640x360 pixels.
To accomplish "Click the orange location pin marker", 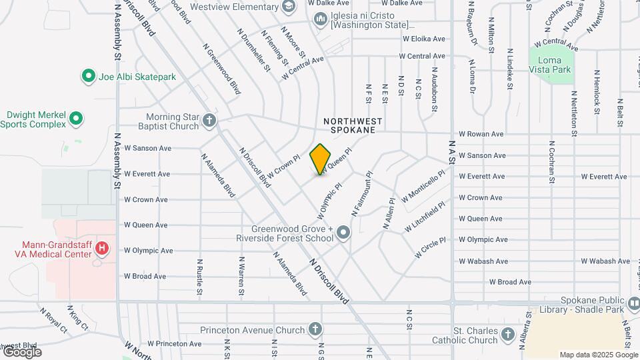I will point(321,159).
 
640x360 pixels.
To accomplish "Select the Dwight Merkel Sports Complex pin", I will point(76,119).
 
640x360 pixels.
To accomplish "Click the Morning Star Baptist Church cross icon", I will point(209,121).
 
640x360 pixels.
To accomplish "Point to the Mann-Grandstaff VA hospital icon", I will point(102,249).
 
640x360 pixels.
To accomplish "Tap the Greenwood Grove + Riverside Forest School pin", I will point(343,232).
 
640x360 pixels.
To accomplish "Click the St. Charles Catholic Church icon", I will point(508,335).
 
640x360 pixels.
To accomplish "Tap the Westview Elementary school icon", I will point(289,7).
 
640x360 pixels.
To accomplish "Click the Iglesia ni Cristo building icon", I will point(320,20).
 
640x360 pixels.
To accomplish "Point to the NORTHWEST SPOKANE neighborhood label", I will point(353,125).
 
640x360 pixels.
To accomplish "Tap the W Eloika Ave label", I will point(423,39).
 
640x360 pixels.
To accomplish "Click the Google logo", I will point(21,351).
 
